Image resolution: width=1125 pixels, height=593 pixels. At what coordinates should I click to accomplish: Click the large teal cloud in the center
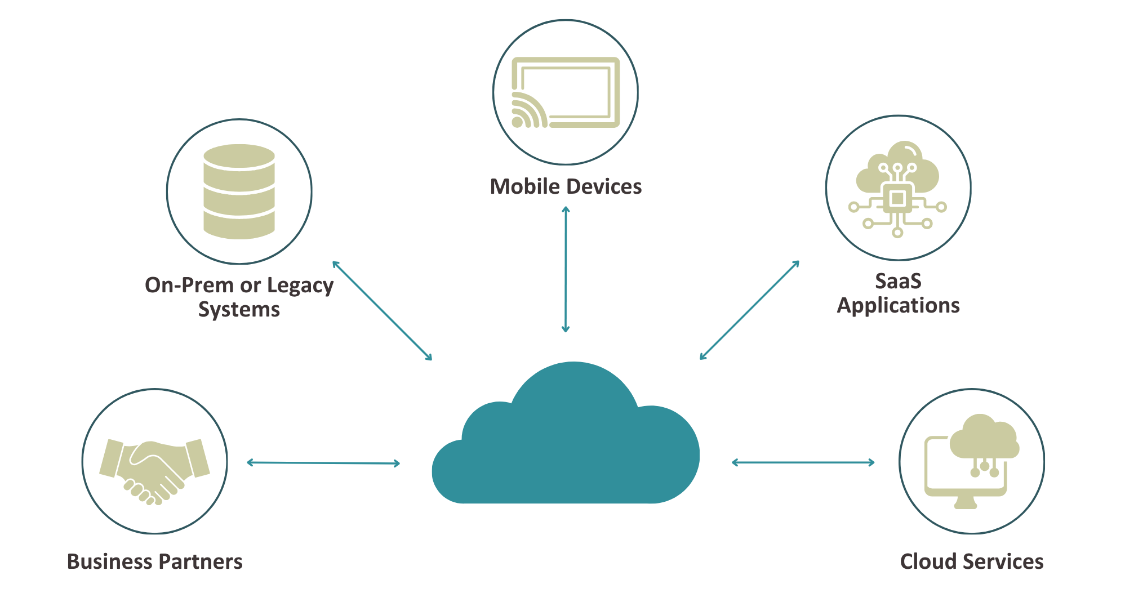[566, 445]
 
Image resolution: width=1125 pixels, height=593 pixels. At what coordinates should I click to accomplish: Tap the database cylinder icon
[239, 191]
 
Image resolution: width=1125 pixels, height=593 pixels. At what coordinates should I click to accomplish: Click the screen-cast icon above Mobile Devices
[565, 93]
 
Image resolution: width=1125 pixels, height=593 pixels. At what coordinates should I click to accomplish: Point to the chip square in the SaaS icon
[897, 198]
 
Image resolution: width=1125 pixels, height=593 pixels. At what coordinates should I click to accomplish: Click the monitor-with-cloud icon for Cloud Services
[971, 462]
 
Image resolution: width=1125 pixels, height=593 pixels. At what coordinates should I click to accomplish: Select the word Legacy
[300, 286]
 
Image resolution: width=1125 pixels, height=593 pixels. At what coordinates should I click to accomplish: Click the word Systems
[239, 310]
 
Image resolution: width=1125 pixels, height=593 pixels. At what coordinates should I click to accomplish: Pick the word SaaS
[898, 281]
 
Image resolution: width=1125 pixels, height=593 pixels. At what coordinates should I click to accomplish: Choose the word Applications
[898, 306]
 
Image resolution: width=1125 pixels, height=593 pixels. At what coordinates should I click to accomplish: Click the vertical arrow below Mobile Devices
[566, 269]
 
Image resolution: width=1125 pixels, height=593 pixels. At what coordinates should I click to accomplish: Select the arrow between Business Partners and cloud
[323, 463]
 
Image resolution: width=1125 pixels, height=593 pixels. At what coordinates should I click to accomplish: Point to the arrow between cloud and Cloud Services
[803, 462]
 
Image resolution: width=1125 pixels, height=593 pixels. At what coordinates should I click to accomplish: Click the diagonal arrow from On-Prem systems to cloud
[382, 310]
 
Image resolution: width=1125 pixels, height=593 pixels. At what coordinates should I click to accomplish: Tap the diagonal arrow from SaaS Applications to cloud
[749, 310]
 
